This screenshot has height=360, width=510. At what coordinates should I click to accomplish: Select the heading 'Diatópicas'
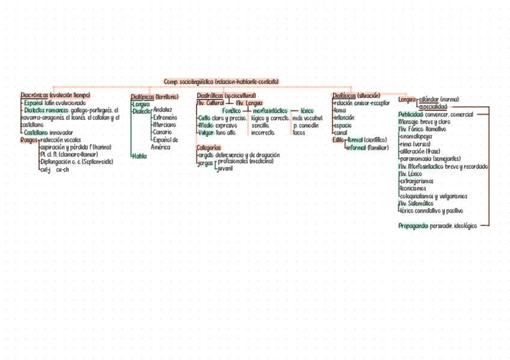pyautogui.click(x=143, y=96)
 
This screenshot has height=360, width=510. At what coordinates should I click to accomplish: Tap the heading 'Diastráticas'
pyautogui.click(x=210, y=96)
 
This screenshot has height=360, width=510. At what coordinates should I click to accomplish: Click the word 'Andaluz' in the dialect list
pyautogui.click(x=163, y=109)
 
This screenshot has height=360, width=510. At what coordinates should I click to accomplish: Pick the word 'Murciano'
pyautogui.click(x=164, y=124)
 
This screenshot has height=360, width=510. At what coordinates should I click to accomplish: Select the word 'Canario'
pyautogui.click(x=162, y=132)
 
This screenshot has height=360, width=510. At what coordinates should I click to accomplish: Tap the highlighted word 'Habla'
pyautogui.click(x=139, y=156)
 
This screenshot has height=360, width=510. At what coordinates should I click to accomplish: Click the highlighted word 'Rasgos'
pyautogui.click(x=29, y=139)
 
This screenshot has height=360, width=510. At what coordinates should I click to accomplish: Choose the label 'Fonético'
pyautogui.click(x=231, y=111)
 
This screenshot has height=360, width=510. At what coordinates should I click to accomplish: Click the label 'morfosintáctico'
pyautogui.click(x=270, y=111)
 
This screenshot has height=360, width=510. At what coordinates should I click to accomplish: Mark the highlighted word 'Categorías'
pyautogui.click(x=209, y=147)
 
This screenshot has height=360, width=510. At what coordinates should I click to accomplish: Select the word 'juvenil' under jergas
pyautogui.click(x=225, y=168)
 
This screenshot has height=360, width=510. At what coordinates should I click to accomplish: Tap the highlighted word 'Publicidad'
pyautogui.click(x=411, y=114)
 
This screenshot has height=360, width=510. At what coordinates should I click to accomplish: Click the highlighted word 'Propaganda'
pyautogui.click(x=413, y=225)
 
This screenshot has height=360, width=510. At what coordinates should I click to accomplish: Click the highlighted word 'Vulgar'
pyautogui.click(x=206, y=133)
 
